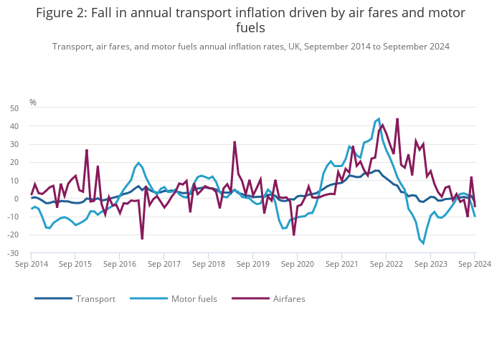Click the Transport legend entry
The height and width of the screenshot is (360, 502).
click(95, 298)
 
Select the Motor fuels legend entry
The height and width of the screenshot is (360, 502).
click(194, 298)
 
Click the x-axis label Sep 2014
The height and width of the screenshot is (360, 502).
click(32, 265)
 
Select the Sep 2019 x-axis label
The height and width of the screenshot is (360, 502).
click(253, 265)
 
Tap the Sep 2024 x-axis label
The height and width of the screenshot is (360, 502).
click(475, 265)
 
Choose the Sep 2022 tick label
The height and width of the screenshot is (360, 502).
click(386, 265)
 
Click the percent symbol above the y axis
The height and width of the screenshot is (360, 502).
click(33, 103)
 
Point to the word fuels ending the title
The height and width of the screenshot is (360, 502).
click(250, 28)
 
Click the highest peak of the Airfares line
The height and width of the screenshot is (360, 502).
click(397, 119)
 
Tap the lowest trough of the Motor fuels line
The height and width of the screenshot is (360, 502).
click(423, 243)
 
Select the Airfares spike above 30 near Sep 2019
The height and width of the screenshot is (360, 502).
click(235, 142)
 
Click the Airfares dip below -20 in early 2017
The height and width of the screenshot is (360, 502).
click(142, 238)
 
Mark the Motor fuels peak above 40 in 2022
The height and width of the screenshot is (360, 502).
click(379, 119)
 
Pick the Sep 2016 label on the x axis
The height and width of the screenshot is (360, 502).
click(120, 265)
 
